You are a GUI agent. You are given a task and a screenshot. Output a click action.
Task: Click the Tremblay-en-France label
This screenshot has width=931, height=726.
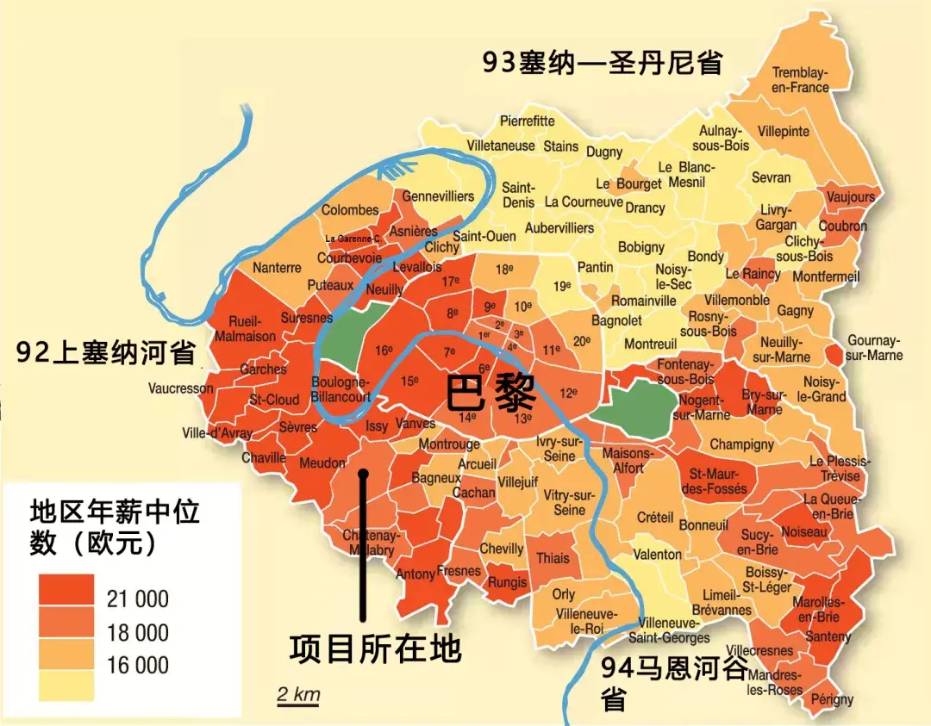[800, 80]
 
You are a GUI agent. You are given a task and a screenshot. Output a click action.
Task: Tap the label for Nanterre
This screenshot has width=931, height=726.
[277, 268]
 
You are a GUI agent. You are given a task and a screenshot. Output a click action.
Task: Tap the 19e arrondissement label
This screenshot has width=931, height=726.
[562, 286]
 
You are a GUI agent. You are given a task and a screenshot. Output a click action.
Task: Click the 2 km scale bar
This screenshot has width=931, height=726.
[297, 696]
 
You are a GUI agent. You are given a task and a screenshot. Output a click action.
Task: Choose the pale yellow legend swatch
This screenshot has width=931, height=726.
[66, 686]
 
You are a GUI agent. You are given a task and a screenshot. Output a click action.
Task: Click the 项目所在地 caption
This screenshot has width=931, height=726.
[375, 648]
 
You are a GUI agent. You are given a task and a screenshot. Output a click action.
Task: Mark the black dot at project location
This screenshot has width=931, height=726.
[364, 473]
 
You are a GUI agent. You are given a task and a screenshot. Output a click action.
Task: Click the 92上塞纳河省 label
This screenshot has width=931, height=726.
[106, 352]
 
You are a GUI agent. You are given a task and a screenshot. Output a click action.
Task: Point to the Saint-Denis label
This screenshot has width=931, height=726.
[518, 195]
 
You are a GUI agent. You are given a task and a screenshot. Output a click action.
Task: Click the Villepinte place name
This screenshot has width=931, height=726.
[784, 132]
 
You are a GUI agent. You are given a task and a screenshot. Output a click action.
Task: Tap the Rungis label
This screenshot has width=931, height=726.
[508, 582]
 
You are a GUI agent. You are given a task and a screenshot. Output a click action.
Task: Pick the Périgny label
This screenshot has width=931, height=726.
[832, 699]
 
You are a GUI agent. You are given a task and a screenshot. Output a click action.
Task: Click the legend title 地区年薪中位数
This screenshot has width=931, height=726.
[115, 527]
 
